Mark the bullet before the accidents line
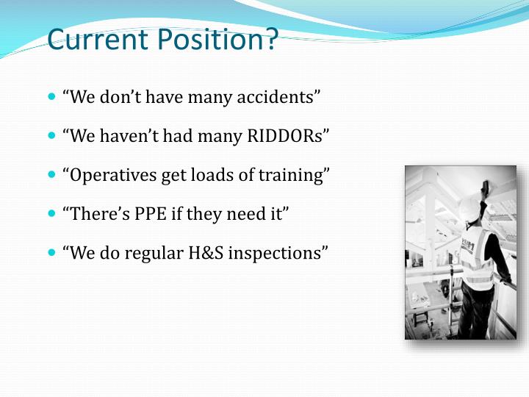pyautogui.click(x=51, y=96)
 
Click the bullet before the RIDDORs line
pyautogui.click(x=51, y=135)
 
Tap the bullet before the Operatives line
pyautogui.click(x=51, y=175)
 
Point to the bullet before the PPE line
pyautogui.click(x=51, y=214)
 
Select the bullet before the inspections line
pyautogui.click(x=51, y=253)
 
